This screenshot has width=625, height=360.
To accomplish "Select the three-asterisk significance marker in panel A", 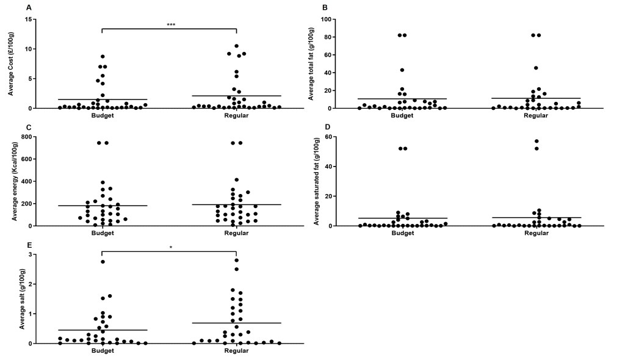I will point(171,25).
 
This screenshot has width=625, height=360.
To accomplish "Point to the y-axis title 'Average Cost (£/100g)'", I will point(11,63).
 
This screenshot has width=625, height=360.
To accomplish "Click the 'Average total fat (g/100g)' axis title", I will point(312,64).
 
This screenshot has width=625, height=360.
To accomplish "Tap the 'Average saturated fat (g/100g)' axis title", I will point(317,181).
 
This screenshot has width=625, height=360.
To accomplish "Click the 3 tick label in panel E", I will point(31,254).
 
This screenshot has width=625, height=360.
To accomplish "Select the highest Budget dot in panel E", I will point(103,262).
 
